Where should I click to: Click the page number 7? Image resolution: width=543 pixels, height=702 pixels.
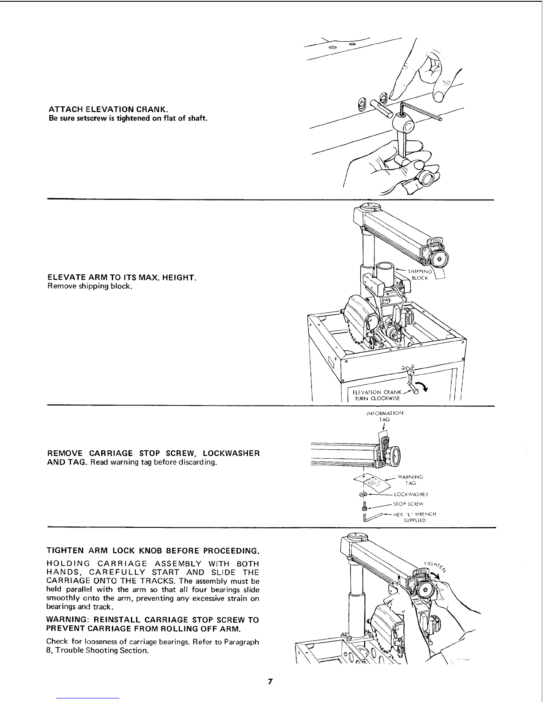pos(270,681)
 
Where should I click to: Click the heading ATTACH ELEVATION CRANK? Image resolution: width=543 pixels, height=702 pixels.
pos(108,109)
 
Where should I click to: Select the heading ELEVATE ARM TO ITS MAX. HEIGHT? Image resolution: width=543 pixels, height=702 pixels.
pos(122,277)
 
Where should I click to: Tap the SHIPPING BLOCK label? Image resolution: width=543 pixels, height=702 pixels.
pos(420,275)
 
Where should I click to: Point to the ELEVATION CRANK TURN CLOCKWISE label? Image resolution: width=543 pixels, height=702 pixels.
pos(377,395)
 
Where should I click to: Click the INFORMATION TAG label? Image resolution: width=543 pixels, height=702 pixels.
pos(385,416)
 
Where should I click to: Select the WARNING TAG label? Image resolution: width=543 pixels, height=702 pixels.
pos(410,480)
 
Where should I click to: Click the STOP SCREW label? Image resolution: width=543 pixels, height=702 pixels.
pos(408,504)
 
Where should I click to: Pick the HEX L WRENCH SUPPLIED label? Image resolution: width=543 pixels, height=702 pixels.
pos(415,517)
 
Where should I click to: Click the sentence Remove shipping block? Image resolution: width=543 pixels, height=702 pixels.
pos(90,286)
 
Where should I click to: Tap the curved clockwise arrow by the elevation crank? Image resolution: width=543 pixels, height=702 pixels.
pos(421,386)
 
